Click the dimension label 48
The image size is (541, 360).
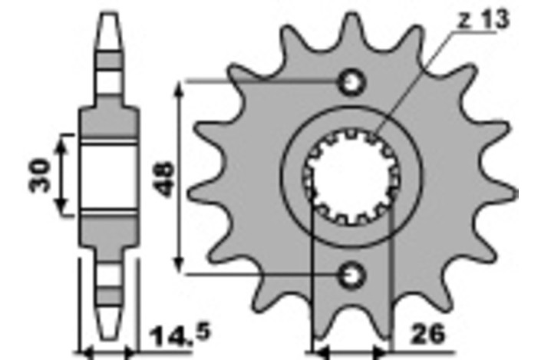[x=165, y=179]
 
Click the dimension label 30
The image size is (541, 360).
[x=40, y=175]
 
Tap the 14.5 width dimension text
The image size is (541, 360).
[x=180, y=335]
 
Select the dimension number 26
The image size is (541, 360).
[x=428, y=334]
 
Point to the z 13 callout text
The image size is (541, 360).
[x=483, y=20]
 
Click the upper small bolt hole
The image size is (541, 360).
[x=352, y=83]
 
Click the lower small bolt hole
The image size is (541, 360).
[x=352, y=276]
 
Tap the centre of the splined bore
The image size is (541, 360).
[x=351, y=177]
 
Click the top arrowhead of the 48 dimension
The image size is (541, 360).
[x=178, y=89]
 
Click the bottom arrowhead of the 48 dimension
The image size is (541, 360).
[x=178, y=266]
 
